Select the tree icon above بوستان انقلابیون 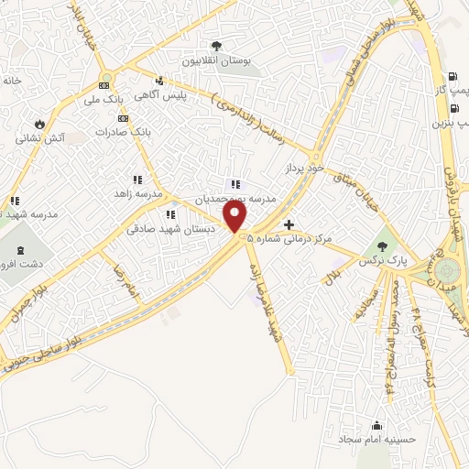(216, 46)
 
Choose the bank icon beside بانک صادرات (123, 119)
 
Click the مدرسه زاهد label (138, 194)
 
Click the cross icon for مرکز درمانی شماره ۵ (289, 224)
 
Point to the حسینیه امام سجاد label (376, 439)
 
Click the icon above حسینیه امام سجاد (376, 424)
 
